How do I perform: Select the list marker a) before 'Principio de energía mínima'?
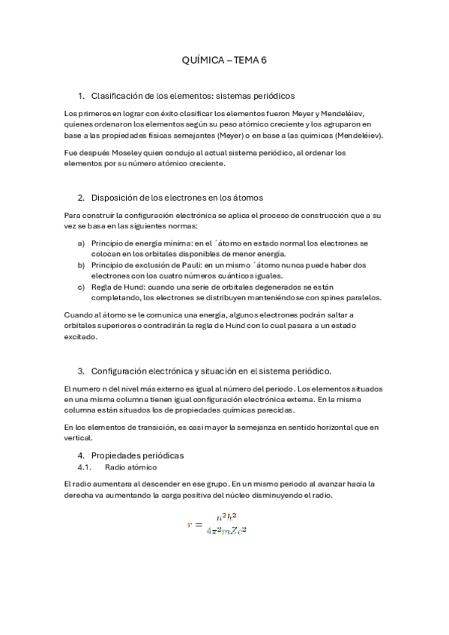coord(81,243)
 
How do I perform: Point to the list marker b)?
coord(81,265)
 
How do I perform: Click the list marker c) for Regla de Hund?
coord(81,286)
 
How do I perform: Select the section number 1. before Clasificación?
coord(81,96)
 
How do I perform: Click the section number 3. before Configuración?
coord(81,371)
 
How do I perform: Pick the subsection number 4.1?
coord(84,467)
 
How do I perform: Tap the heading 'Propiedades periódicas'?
coord(137,455)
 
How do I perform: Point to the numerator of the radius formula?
coord(226,517)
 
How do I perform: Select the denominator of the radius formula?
coord(226,532)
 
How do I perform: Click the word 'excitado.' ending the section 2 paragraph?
coord(81,337)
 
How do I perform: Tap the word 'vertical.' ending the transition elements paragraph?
coord(79,438)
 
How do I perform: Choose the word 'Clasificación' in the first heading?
coord(119,96)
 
